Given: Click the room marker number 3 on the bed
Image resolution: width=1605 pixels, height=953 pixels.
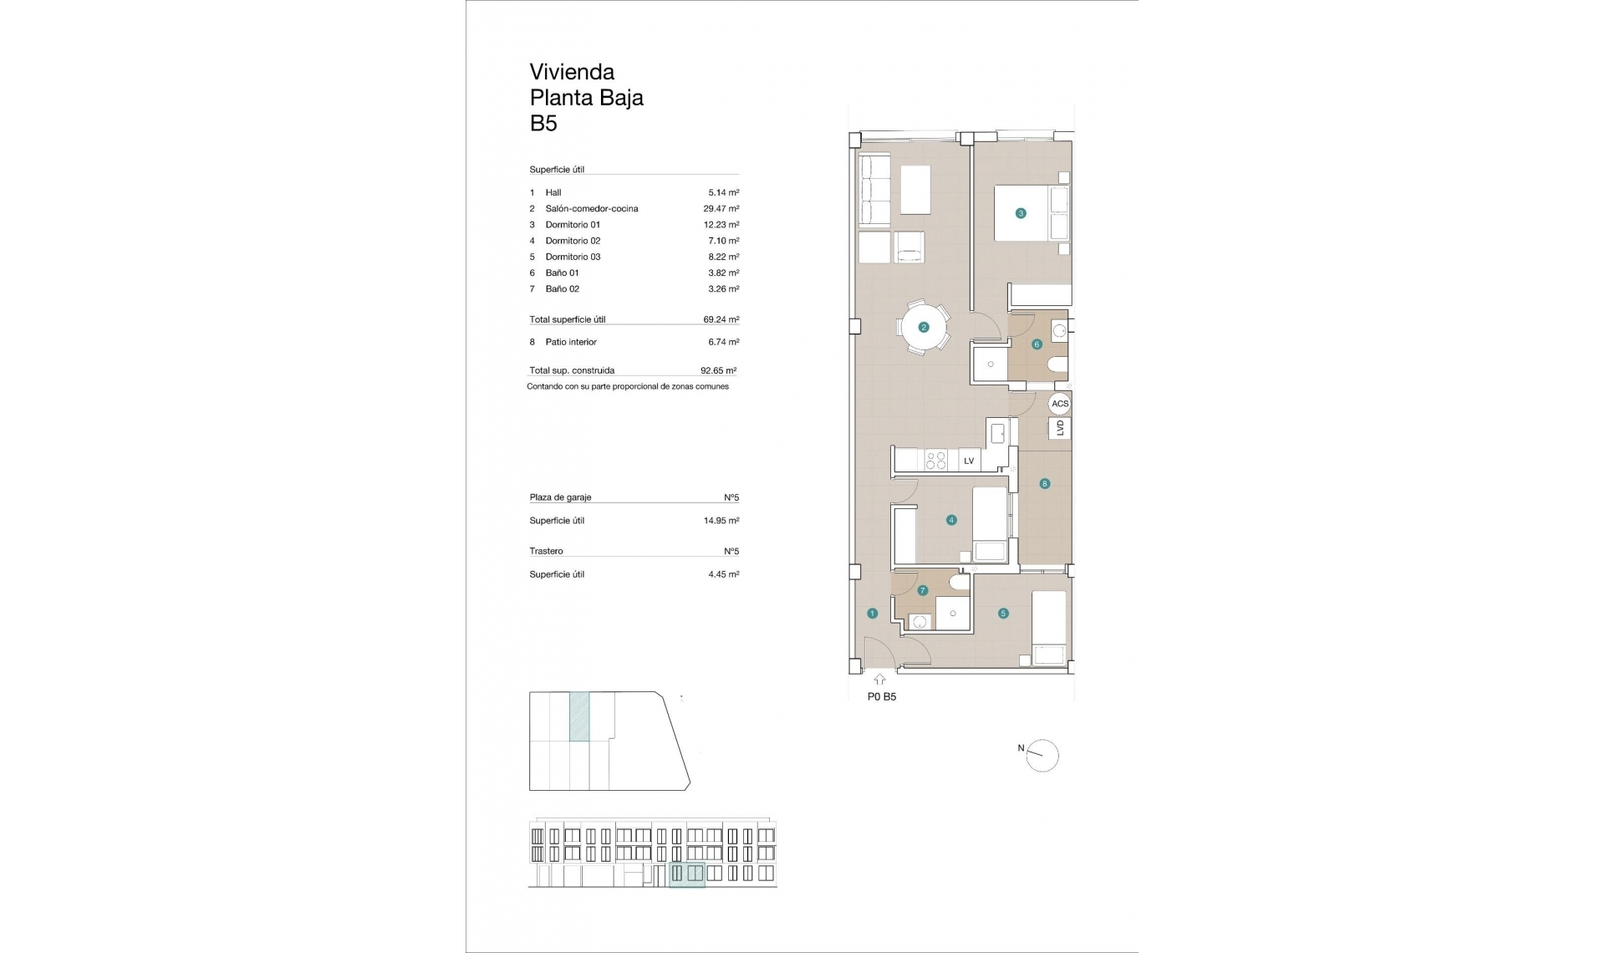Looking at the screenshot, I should point(1020,213).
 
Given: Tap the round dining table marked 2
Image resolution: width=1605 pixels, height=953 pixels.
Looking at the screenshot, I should point(924,327).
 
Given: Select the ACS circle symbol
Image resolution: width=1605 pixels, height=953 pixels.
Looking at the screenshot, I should point(1060,404).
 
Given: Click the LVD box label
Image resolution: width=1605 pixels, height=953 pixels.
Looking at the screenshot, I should point(1060,428).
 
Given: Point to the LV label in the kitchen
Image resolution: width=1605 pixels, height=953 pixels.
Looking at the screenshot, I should point(969,461).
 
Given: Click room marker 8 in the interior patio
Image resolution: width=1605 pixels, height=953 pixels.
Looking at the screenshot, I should point(1044,483).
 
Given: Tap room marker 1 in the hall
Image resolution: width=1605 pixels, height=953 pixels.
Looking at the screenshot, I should point(872,614).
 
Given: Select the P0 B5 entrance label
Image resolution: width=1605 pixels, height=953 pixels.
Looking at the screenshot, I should point(882,696).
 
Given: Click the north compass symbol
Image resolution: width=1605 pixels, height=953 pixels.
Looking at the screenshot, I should point(1042,756).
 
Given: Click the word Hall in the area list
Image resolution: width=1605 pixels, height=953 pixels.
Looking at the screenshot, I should point(553,193).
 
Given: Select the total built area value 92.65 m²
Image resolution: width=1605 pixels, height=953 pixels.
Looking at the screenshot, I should point(718,370).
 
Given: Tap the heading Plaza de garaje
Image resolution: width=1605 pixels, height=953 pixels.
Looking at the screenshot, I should point(560,497).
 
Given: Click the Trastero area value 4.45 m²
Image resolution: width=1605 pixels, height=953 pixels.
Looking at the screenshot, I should point(723,574).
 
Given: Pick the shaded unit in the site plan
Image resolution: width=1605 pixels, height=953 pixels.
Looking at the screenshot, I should point(579,716).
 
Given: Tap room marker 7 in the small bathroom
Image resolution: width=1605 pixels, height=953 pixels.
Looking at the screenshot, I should point(923,590).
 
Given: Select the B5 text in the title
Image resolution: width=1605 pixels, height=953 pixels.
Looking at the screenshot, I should point(543,124).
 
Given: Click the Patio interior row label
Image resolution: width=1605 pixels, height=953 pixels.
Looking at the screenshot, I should point(571,342).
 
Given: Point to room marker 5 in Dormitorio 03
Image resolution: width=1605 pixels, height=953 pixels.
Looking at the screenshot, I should point(1003,614).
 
